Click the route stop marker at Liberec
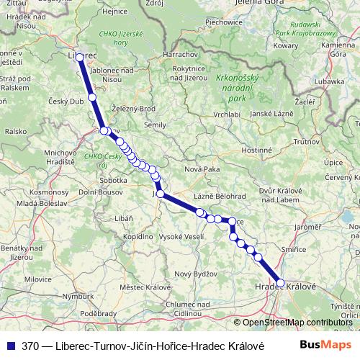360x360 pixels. click(80, 55)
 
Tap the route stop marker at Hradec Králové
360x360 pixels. click(280, 284)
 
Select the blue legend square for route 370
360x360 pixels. click(11, 345)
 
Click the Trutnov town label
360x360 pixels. click(306, 143)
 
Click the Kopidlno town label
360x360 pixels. click(138, 236)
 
